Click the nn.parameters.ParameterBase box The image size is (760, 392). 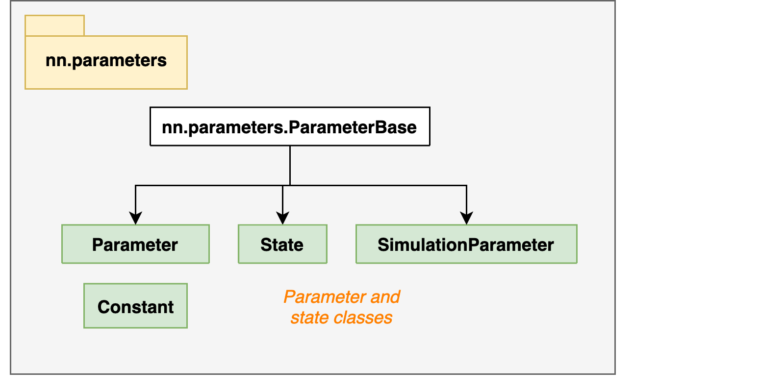tap(290, 126)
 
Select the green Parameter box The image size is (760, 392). tap(135, 244)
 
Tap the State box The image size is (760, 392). tap(282, 244)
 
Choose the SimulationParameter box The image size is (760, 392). tap(466, 244)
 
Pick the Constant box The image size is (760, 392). tap(135, 306)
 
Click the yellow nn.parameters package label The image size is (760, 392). tap(106, 62)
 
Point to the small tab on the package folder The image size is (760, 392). tap(54, 25)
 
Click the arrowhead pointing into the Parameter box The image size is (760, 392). tap(135, 218)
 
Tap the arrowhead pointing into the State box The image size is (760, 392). tap(282, 218)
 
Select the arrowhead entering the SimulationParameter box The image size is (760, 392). tap(466, 218)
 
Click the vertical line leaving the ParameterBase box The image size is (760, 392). tap(290, 166)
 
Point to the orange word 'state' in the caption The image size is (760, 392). tap(309, 318)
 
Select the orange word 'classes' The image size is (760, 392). tap(363, 318)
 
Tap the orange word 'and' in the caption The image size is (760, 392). tap(385, 297)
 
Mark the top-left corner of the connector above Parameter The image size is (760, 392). tap(136, 186)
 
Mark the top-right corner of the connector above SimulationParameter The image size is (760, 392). tap(466, 186)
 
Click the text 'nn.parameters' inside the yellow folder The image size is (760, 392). tap(106, 61)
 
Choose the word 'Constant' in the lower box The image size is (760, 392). tap(135, 307)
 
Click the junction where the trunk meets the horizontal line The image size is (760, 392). tap(290, 186)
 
